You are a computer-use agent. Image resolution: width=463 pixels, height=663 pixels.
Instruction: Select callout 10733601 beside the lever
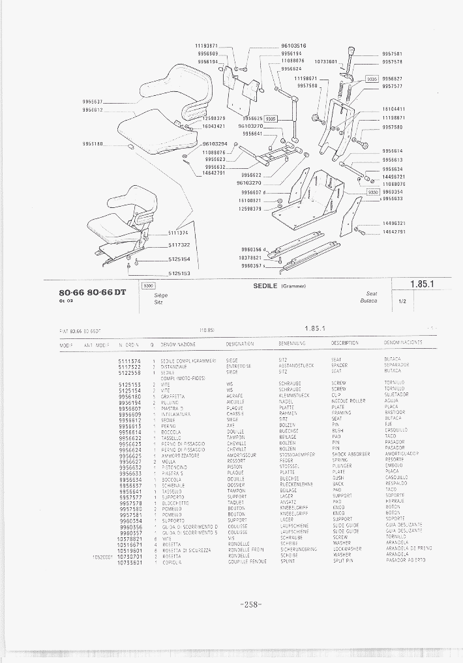325,62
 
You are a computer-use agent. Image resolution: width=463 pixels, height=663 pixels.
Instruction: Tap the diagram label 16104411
393,109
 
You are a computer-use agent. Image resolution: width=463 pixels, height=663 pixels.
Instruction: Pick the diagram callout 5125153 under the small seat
178,274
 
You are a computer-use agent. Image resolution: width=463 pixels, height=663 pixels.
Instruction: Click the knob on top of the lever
351,52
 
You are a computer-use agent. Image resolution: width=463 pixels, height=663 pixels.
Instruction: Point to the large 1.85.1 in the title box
422,284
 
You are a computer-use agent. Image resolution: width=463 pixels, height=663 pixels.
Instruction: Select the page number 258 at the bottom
251,604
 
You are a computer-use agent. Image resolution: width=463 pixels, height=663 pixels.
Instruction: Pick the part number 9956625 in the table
130,454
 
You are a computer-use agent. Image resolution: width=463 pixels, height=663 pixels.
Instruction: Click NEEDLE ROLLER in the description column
348,401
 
